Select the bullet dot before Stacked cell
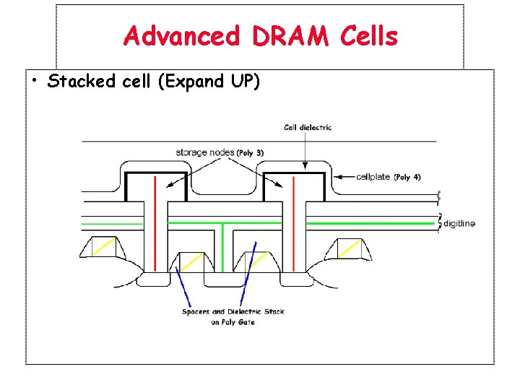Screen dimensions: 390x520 [x=35, y=79]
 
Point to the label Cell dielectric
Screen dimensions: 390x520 [x=308, y=128]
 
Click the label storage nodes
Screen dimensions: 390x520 [x=206, y=152]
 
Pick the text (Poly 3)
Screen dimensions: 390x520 [x=251, y=152]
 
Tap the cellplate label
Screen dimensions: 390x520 [x=373, y=177]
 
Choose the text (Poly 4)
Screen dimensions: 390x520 [x=407, y=177]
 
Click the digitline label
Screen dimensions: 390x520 [x=459, y=224]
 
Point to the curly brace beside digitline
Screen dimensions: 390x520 [x=439, y=224]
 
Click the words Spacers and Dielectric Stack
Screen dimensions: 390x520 [x=233, y=312]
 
